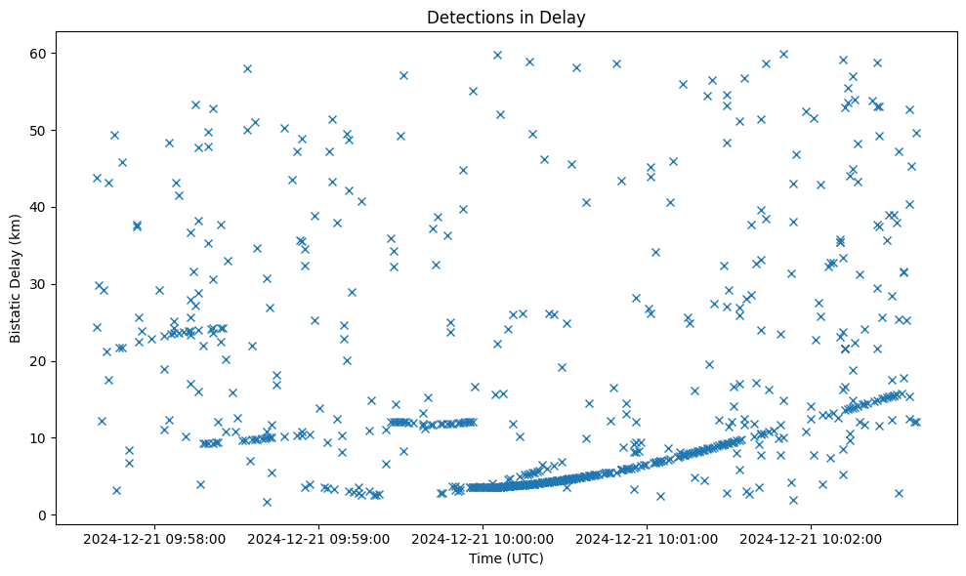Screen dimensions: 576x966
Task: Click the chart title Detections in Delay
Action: [x=506, y=17]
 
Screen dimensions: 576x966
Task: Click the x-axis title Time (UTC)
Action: [x=506, y=559]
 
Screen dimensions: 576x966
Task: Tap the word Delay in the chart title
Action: [x=565, y=17]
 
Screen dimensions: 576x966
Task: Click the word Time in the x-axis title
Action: [x=484, y=559]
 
